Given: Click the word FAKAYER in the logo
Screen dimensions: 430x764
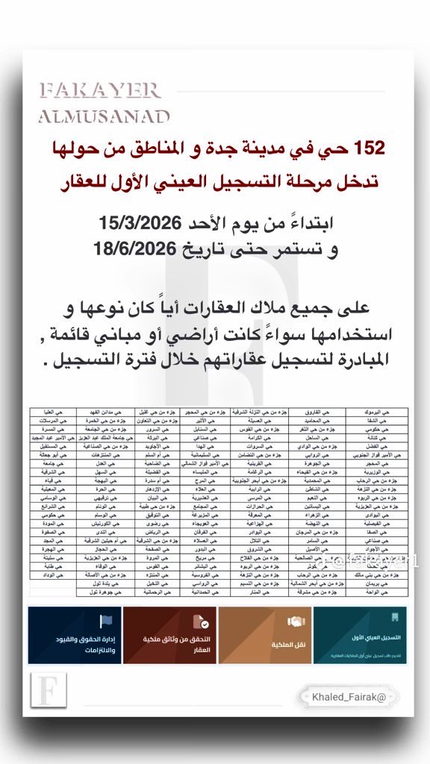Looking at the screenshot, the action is click(100, 91).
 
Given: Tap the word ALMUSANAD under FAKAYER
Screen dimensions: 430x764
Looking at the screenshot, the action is click(104, 116).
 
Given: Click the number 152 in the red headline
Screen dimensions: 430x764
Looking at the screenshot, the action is click(367, 148).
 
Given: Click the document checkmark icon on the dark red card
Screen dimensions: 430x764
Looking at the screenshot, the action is click(200, 621).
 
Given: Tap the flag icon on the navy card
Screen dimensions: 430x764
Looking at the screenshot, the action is click(105, 621).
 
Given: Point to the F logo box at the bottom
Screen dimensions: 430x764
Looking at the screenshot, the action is click(48, 690).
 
